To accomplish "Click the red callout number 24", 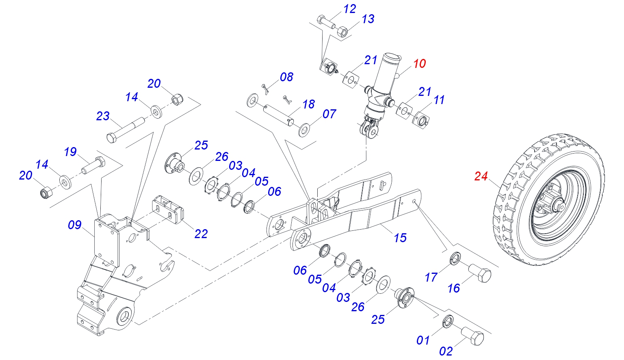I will (481, 176).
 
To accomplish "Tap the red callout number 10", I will (420, 64).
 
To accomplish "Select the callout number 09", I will (75, 225).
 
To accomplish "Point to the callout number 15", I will (400, 238).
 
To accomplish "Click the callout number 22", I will (201, 234).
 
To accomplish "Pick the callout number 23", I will (103, 116).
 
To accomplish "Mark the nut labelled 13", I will (342, 31).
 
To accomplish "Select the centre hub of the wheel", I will (557, 205).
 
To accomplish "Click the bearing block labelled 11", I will (421, 120).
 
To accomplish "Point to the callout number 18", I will (309, 104).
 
